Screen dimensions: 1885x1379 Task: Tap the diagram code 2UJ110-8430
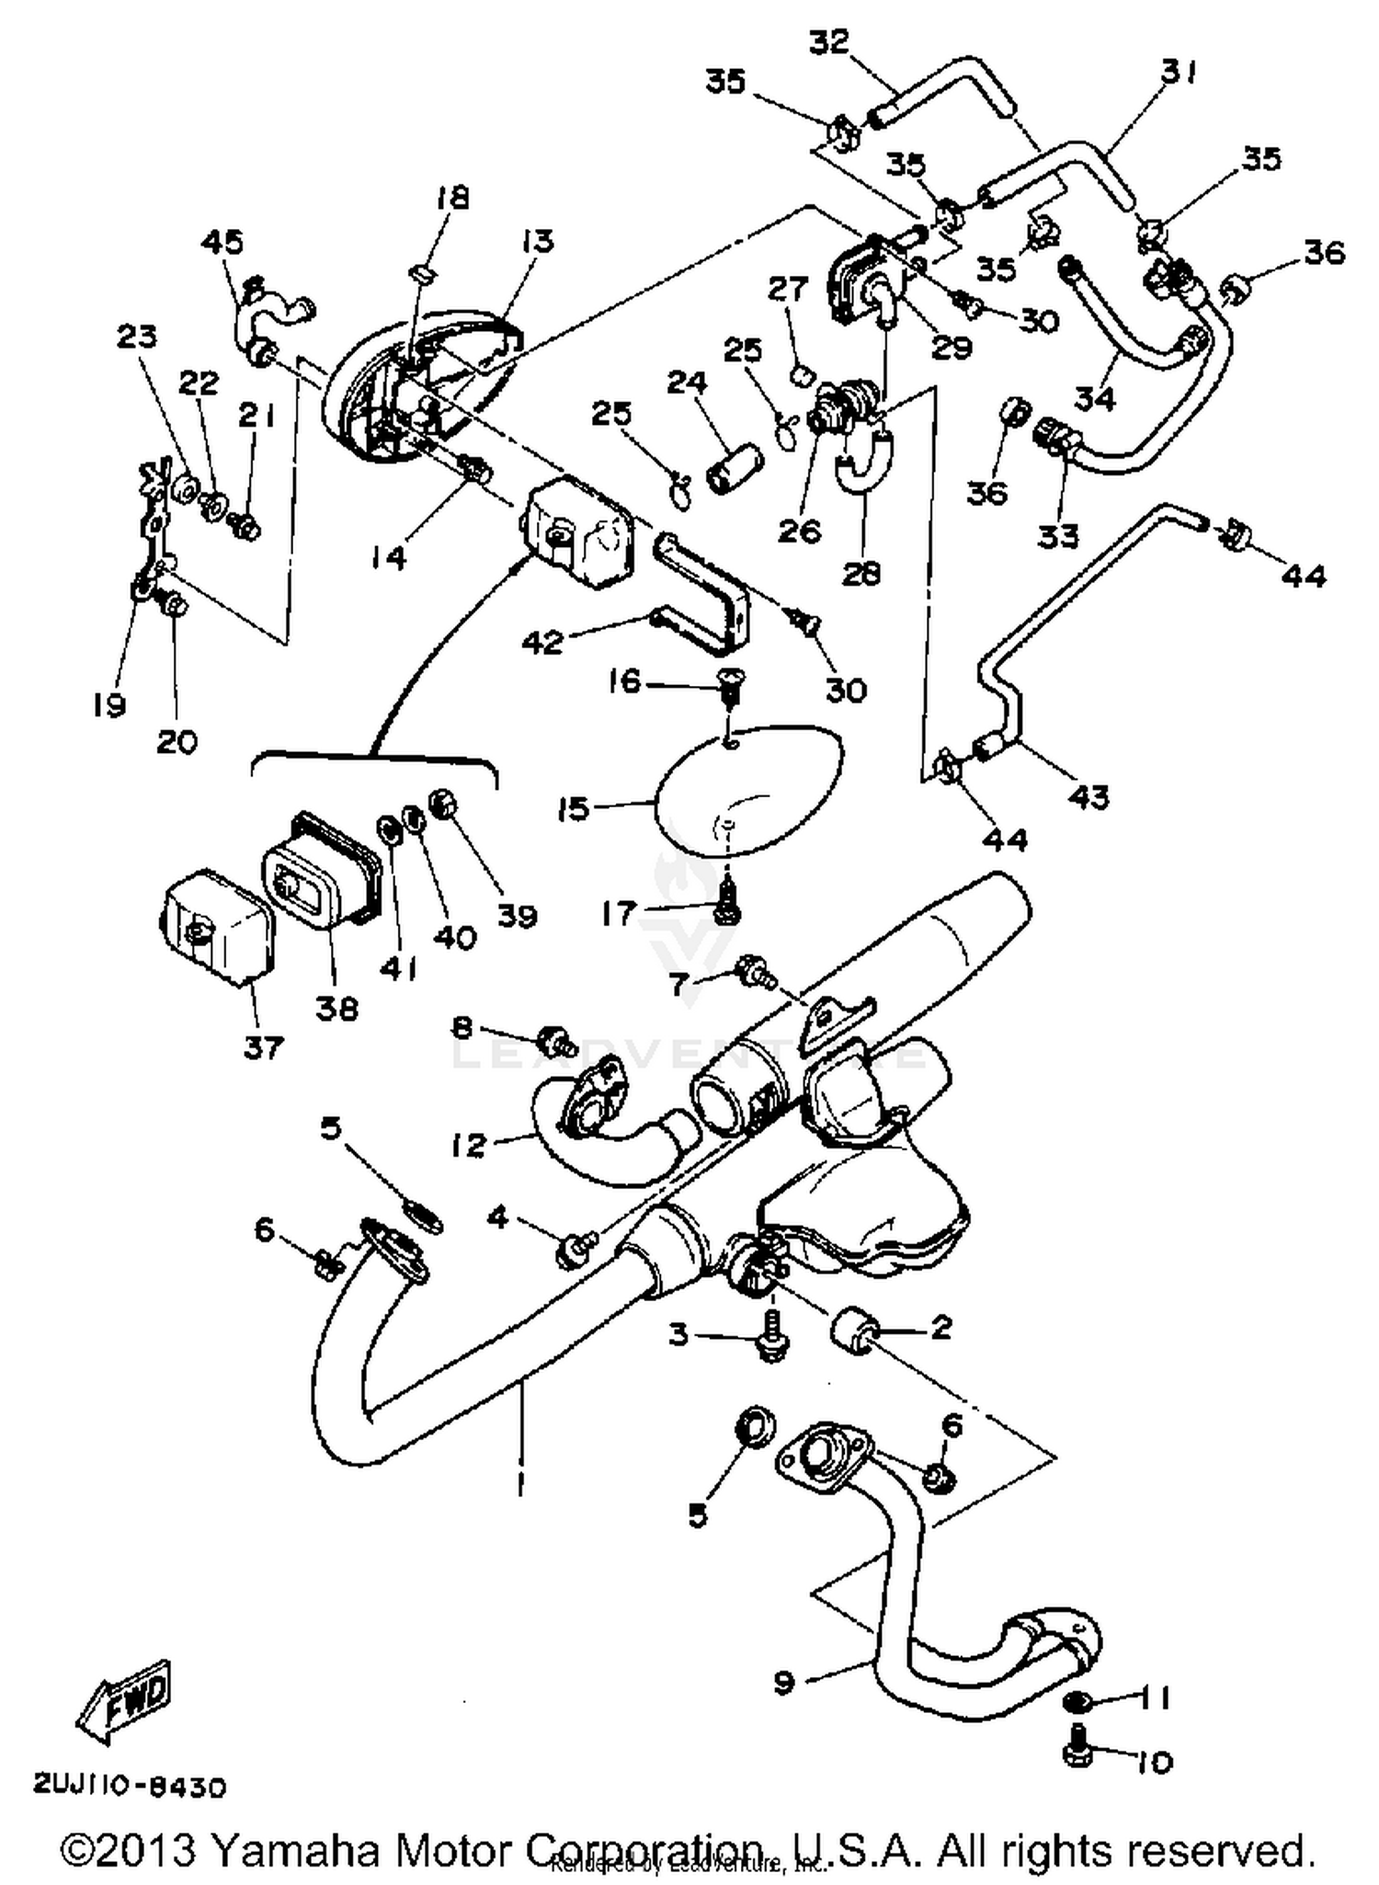pos(129,1787)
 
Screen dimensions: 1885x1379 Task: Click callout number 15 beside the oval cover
pos(573,809)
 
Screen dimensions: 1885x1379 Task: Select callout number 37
pos(264,1045)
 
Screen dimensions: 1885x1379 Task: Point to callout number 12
pos(469,1145)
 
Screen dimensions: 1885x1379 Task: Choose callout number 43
pos(1089,796)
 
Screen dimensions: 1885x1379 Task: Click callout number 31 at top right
pos(1179,72)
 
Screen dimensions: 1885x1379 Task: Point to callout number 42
pos(541,642)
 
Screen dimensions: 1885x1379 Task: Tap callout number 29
pos(952,348)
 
